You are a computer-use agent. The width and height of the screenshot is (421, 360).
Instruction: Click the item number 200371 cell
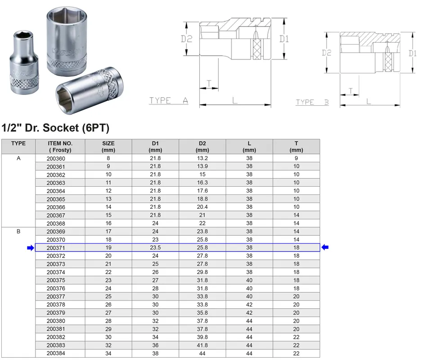(x=56, y=247)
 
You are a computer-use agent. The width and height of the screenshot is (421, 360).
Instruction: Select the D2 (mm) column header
(x=202, y=147)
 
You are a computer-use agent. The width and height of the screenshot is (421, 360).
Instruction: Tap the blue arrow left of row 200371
(x=31, y=247)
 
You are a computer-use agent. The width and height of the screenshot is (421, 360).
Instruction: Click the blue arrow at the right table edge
(x=325, y=247)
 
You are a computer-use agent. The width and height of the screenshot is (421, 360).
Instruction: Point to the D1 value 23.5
(x=155, y=247)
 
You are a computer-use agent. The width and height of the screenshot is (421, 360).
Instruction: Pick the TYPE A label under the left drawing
(x=169, y=100)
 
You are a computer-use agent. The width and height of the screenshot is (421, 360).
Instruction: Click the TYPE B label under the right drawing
(x=312, y=102)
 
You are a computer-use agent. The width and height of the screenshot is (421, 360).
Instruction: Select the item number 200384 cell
(x=56, y=353)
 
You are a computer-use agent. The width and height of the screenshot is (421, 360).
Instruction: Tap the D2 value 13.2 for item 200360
(x=202, y=158)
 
